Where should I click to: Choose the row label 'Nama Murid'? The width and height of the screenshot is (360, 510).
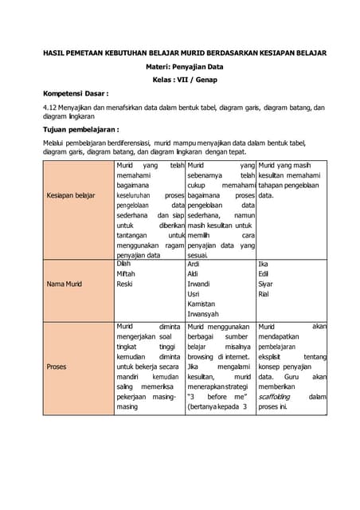[65, 284]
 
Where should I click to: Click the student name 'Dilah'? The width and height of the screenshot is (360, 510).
[124, 263]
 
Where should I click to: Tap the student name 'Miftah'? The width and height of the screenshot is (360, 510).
[126, 273]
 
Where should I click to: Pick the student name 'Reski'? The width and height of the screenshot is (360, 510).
[125, 284]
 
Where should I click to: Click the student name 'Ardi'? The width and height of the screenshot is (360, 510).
[194, 264]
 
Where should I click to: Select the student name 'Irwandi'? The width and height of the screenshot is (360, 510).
[198, 284]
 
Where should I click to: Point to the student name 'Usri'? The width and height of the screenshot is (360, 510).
[194, 294]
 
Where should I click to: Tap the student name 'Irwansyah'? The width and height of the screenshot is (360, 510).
[203, 315]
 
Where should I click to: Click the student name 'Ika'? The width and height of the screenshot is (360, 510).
[264, 264]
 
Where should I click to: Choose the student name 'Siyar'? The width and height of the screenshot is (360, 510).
[266, 284]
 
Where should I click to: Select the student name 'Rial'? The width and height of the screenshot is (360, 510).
[264, 294]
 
